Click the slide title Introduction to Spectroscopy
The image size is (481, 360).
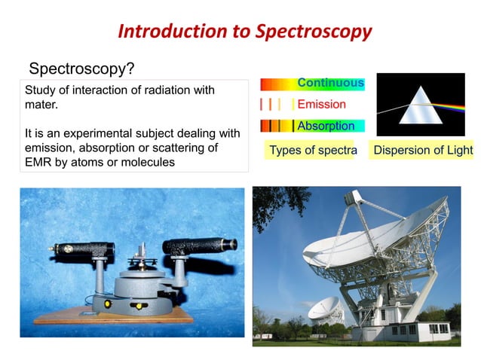click(x=245, y=32)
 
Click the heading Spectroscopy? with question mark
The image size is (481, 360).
click(x=81, y=69)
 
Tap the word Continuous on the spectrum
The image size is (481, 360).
click(x=330, y=83)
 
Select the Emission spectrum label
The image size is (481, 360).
click(x=321, y=104)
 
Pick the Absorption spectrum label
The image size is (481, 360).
click(x=326, y=126)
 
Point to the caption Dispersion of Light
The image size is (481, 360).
click(x=423, y=150)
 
